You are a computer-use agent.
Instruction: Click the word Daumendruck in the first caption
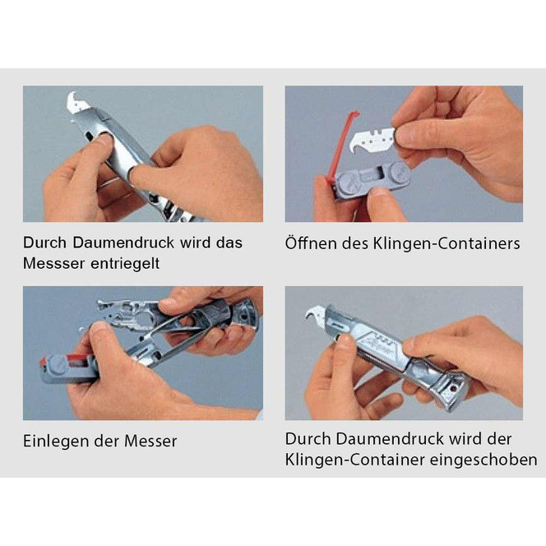pos(123,243)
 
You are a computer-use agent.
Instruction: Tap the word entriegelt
pos(125,263)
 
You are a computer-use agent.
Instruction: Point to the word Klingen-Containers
pos(446,243)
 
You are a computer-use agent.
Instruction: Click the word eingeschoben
pos(484,460)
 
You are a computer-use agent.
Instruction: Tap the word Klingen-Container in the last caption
pos(354,460)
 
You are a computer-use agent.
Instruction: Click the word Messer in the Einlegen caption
pos(150,442)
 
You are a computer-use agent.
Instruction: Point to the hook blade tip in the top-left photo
pos(72,95)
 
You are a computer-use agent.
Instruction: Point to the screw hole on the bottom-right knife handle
pos(453,387)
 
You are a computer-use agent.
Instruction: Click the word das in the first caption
pos(229,243)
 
